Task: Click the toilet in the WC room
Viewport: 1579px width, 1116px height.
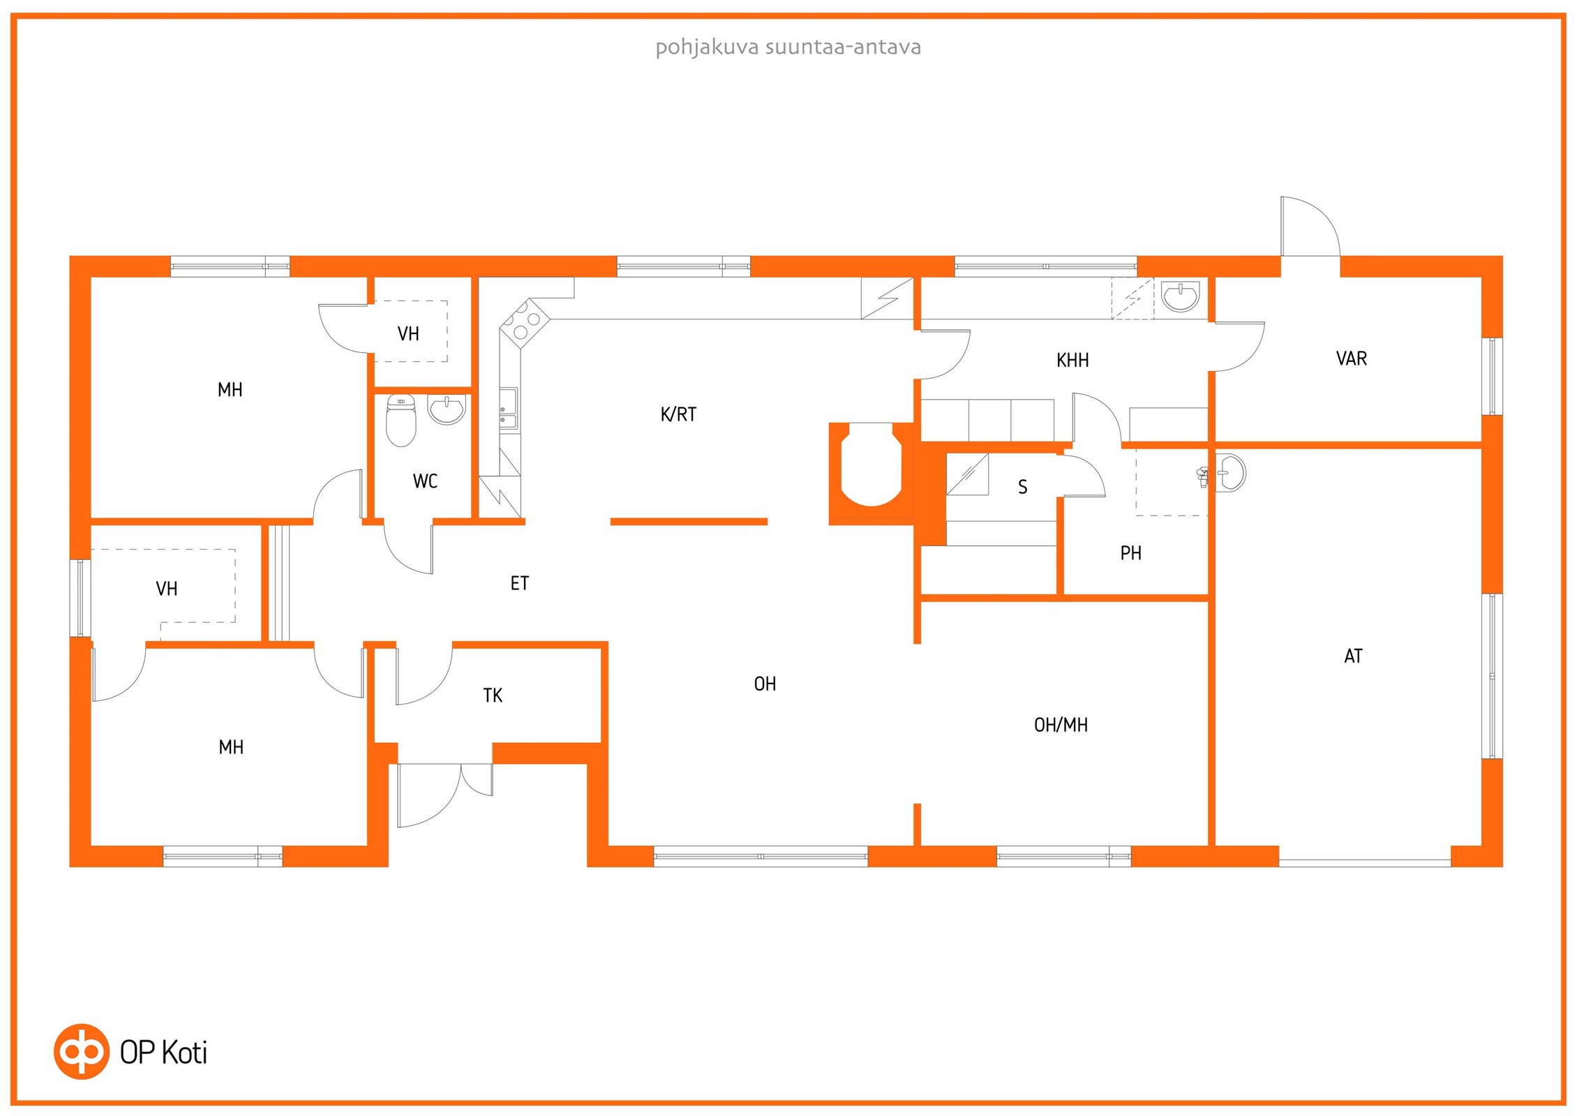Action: pos(401,420)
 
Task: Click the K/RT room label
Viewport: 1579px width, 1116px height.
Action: pos(678,414)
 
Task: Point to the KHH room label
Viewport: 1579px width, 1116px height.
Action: pos(1072,361)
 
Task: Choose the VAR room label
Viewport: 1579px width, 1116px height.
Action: pos(1352,359)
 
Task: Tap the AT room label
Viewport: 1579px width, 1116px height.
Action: pos(1353,656)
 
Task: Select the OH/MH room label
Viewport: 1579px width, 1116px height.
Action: pos(1061,725)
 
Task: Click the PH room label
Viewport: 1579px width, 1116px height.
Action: pos(1130,553)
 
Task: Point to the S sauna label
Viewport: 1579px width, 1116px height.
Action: pos(1023,487)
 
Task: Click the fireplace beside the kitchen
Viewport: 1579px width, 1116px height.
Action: pos(871,473)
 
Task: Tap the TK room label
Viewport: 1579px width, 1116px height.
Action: pos(493,695)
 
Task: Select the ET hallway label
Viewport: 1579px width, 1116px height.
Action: pos(520,583)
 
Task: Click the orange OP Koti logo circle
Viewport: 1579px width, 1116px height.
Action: pos(82,1052)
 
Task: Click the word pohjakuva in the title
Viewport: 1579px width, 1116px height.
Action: pos(707,47)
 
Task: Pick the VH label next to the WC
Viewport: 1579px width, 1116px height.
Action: pos(408,334)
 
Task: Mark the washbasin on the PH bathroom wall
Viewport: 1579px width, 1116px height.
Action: pos(1231,473)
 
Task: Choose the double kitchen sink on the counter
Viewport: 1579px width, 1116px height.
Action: pos(509,409)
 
